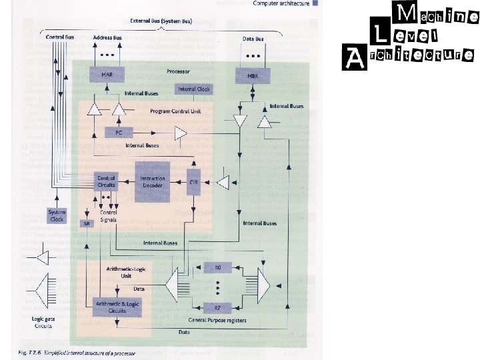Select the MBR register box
click(x=251, y=75)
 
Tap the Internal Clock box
click(x=194, y=89)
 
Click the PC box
click(x=119, y=133)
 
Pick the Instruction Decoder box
click(x=153, y=181)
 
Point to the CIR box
click(x=194, y=181)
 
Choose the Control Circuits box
click(x=107, y=181)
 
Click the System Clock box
click(x=57, y=215)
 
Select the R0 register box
click(x=217, y=267)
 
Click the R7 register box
click(x=217, y=308)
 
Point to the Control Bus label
click(x=60, y=37)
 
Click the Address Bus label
click(x=107, y=37)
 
